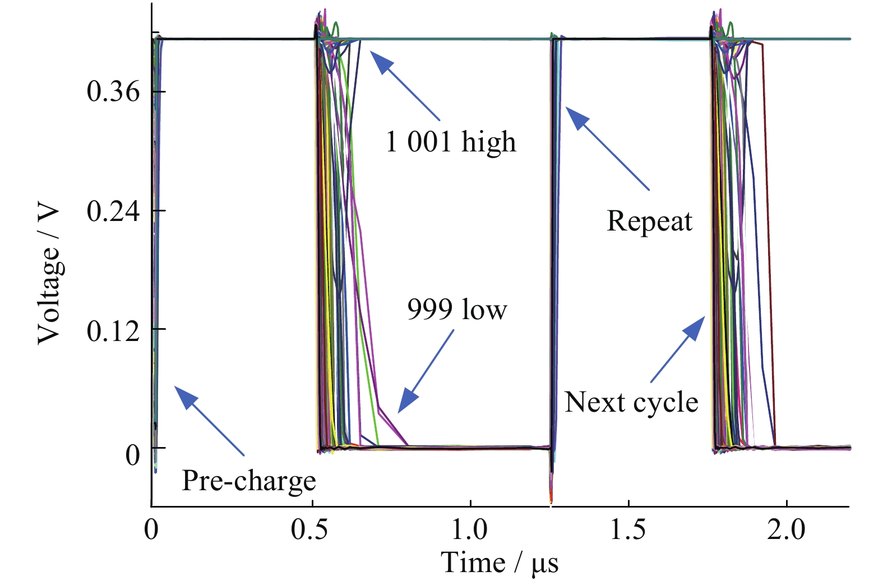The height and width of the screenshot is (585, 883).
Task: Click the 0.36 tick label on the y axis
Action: (113, 91)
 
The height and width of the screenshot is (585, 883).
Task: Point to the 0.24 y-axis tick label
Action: (113, 211)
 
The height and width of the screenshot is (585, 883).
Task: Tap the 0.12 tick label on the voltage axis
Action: (113, 331)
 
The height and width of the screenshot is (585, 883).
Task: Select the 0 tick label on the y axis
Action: (132, 455)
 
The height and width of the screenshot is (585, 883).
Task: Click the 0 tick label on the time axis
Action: (151, 529)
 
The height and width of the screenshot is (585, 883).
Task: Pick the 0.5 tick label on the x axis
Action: (310, 529)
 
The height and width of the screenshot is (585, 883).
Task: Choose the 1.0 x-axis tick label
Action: (469, 529)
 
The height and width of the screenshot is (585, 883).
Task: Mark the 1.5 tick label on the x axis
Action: (628, 529)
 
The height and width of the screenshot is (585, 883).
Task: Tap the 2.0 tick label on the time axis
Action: (786, 529)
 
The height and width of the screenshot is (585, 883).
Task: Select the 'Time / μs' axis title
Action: (500, 563)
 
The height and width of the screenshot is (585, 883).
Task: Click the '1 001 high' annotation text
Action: (450, 141)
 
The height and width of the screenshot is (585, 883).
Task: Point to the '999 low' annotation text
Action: (457, 310)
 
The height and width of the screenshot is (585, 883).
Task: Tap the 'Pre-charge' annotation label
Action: (249, 481)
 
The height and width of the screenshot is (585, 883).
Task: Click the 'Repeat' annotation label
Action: (649, 221)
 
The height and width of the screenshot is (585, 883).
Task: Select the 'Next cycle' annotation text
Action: (631, 402)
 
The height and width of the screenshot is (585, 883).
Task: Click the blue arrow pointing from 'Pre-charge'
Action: (209, 420)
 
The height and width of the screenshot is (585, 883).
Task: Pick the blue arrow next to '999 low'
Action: (426, 371)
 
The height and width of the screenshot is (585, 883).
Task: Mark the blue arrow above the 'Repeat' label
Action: (607, 149)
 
